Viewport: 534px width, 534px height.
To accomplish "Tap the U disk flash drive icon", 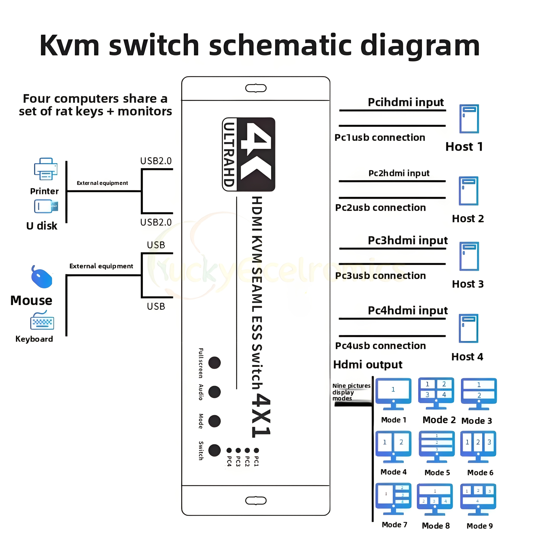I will (46, 206).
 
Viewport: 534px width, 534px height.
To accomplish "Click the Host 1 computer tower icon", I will (469, 119).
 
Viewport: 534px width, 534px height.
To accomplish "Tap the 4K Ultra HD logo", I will (248, 154).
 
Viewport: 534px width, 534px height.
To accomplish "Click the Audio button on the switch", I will (214, 392).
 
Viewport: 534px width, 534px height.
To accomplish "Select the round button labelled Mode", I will (214, 421).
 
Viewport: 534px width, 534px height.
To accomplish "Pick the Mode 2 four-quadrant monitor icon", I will (436, 392).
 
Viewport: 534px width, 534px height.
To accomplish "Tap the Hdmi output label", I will (368, 365).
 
